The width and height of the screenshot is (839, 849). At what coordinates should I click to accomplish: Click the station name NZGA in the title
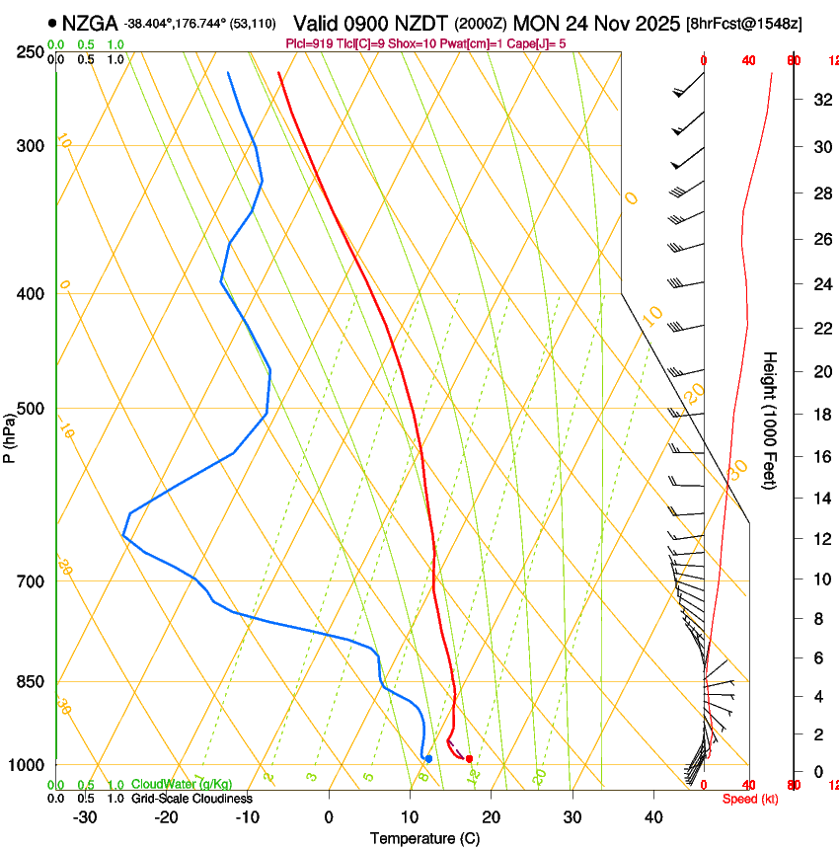coord(90,23)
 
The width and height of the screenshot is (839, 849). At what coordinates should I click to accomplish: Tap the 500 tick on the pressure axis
coord(31,409)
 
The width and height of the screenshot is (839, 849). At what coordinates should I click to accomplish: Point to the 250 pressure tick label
coord(31,52)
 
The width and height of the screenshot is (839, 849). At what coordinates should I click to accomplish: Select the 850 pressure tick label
coord(31,682)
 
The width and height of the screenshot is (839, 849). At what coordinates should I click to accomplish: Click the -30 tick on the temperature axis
coord(85,817)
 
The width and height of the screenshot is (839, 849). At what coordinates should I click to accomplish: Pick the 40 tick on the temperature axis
coord(653,817)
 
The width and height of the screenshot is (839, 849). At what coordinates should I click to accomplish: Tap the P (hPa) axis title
coord(10,435)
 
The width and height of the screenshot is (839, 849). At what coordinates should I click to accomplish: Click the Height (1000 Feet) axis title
coord(771,421)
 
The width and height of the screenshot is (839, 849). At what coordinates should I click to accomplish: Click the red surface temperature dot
coord(469,758)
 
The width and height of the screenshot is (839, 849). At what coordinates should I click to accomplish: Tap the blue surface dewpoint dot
coord(428,758)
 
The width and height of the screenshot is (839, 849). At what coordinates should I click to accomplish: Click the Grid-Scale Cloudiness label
coord(191,799)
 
